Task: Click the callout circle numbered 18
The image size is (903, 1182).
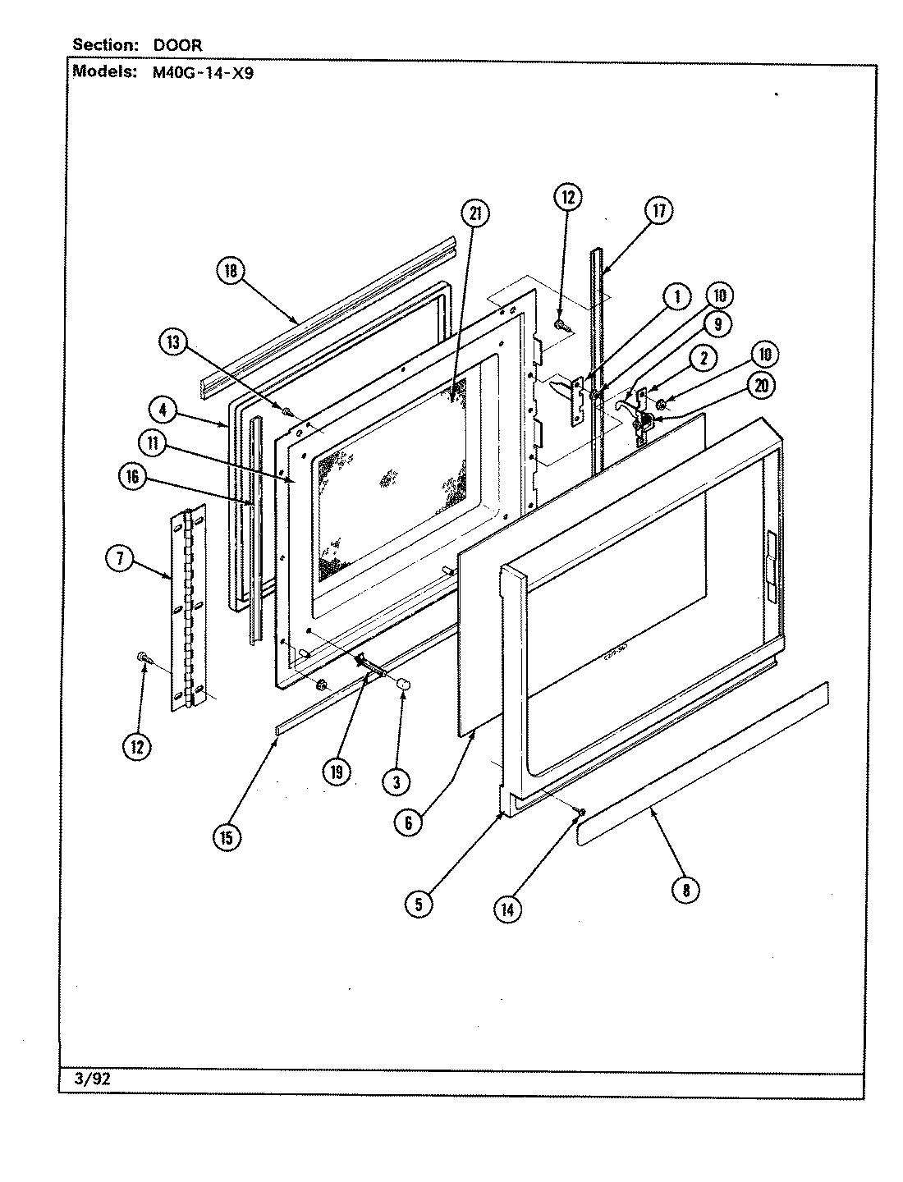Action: pos(231,271)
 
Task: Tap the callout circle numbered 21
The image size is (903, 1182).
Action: pos(474,213)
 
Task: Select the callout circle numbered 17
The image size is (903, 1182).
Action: pos(658,211)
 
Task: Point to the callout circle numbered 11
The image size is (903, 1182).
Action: pos(154,443)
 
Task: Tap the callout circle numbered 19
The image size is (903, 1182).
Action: pos(337,771)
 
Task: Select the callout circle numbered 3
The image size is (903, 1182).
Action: pos(396,782)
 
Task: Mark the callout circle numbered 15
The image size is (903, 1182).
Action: pos(227,837)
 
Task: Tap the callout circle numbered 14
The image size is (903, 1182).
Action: pos(509,908)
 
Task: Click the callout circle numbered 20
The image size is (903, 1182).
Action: pos(762,386)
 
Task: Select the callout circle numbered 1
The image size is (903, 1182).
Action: pos(676,296)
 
